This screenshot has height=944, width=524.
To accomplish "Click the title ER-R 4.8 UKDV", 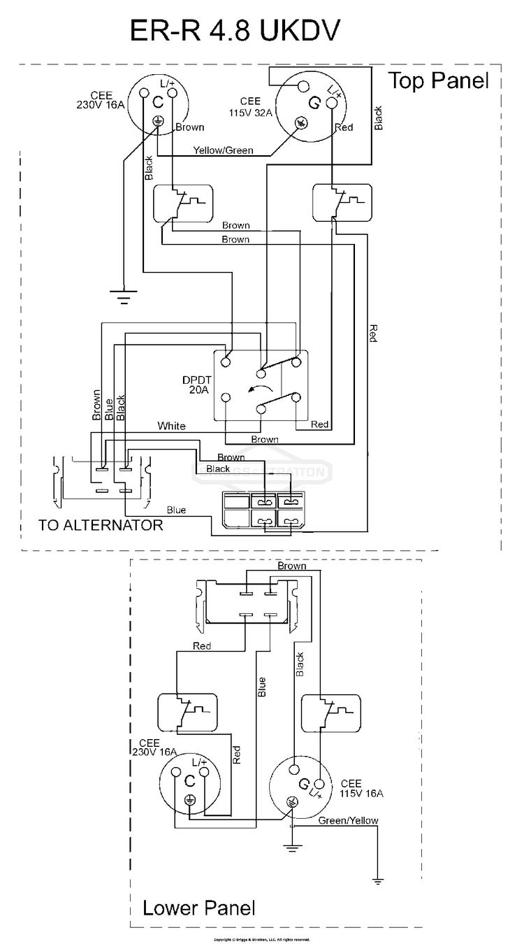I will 235,32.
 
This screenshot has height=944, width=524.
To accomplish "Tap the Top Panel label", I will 438,80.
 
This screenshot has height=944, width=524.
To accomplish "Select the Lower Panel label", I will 198,908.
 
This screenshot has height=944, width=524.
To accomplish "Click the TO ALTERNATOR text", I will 101,524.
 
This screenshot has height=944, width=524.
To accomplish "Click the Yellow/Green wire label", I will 224,150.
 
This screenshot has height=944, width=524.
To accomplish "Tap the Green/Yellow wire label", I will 348,820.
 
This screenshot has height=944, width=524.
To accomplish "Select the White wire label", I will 171,425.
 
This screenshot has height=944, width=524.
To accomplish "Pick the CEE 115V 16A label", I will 361,788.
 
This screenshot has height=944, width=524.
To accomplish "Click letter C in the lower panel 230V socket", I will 189,781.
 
